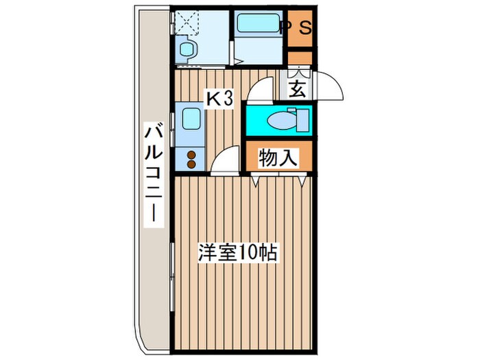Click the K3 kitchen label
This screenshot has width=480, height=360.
click(x=221, y=99)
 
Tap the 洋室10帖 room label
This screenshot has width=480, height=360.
click(x=237, y=253)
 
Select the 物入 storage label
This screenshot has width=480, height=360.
click(x=278, y=158)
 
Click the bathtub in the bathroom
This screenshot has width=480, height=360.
click(x=256, y=28)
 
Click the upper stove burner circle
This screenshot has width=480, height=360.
click(x=192, y=154)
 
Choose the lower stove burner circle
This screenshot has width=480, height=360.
click(x=192, y=165)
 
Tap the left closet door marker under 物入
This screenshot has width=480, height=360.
click(x=256, y=180)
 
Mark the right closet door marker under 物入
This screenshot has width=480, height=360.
click(x=303, y=180)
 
